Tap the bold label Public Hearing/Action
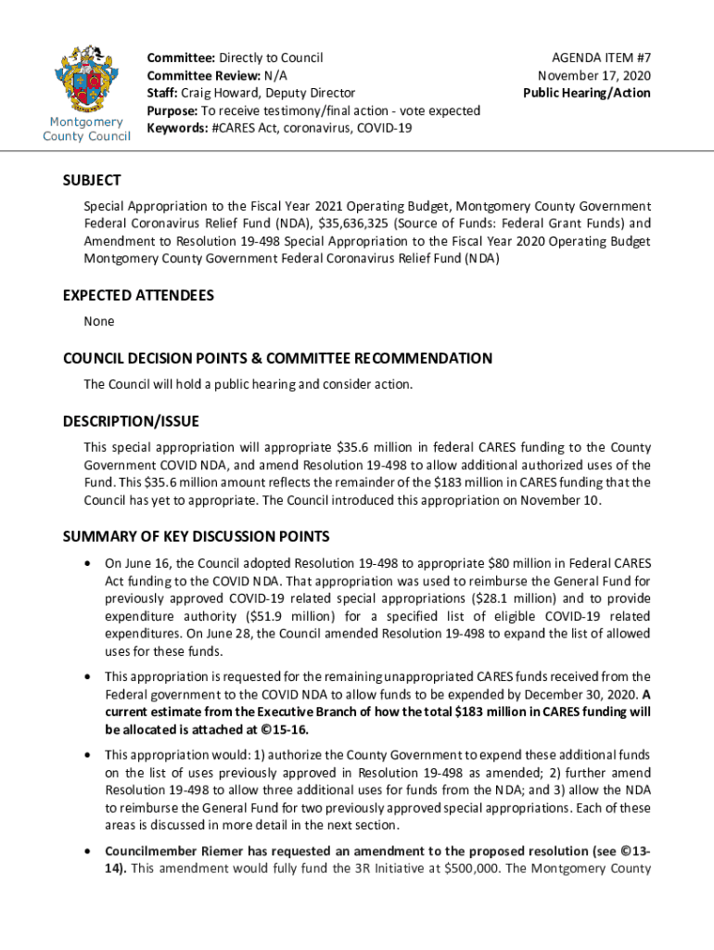pyautogui.click(x=586, y=93)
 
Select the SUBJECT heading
pyautogui.click(x=92, y=180)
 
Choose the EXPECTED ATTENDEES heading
pyautogui.click(x=138, y=295)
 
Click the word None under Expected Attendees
pyautogui.click(x=99, y=321)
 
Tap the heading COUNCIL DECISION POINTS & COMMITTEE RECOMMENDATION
pyautogui.click(x=277, y=358)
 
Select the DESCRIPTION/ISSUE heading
pyautogui.click(x=131, y=421)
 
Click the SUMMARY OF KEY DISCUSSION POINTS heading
pyautogui.click(x=196, y=536)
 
